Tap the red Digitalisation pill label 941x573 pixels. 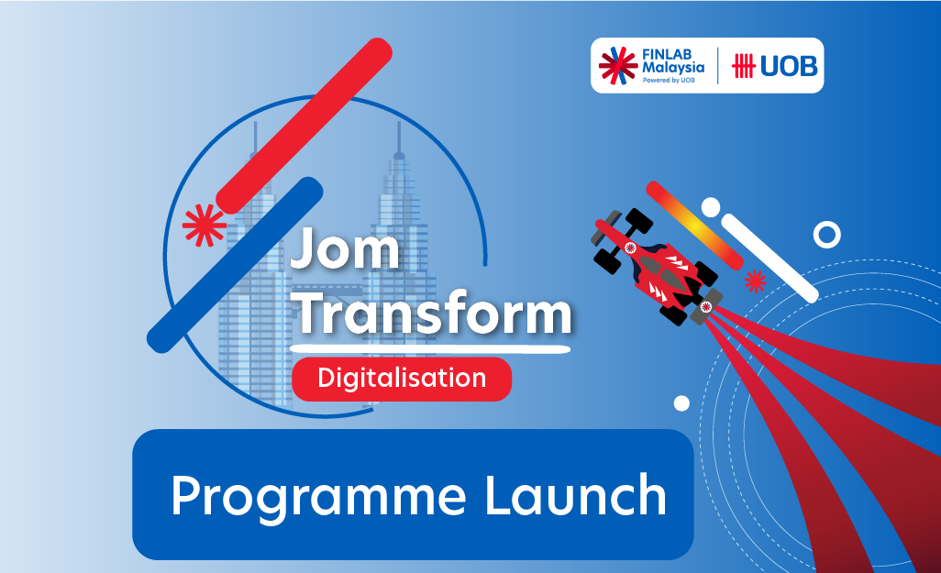click(402, 378)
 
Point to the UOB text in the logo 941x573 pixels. click(789, 66)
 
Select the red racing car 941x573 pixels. click(657, 265)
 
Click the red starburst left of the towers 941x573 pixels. click(204, 225)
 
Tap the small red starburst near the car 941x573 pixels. click(755, 281)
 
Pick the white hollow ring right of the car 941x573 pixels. click(826, 236)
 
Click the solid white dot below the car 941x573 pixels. click(681, 402)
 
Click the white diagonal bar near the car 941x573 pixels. click(769, 258)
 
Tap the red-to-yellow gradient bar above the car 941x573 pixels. click(694, 225)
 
